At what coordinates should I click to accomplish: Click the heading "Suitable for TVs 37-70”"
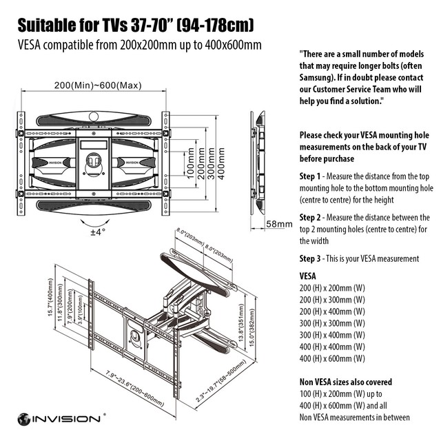(x=135, y=27)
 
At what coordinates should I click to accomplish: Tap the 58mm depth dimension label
(x=279, y=225)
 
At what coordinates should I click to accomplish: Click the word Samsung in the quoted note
(x=318, y=77)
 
